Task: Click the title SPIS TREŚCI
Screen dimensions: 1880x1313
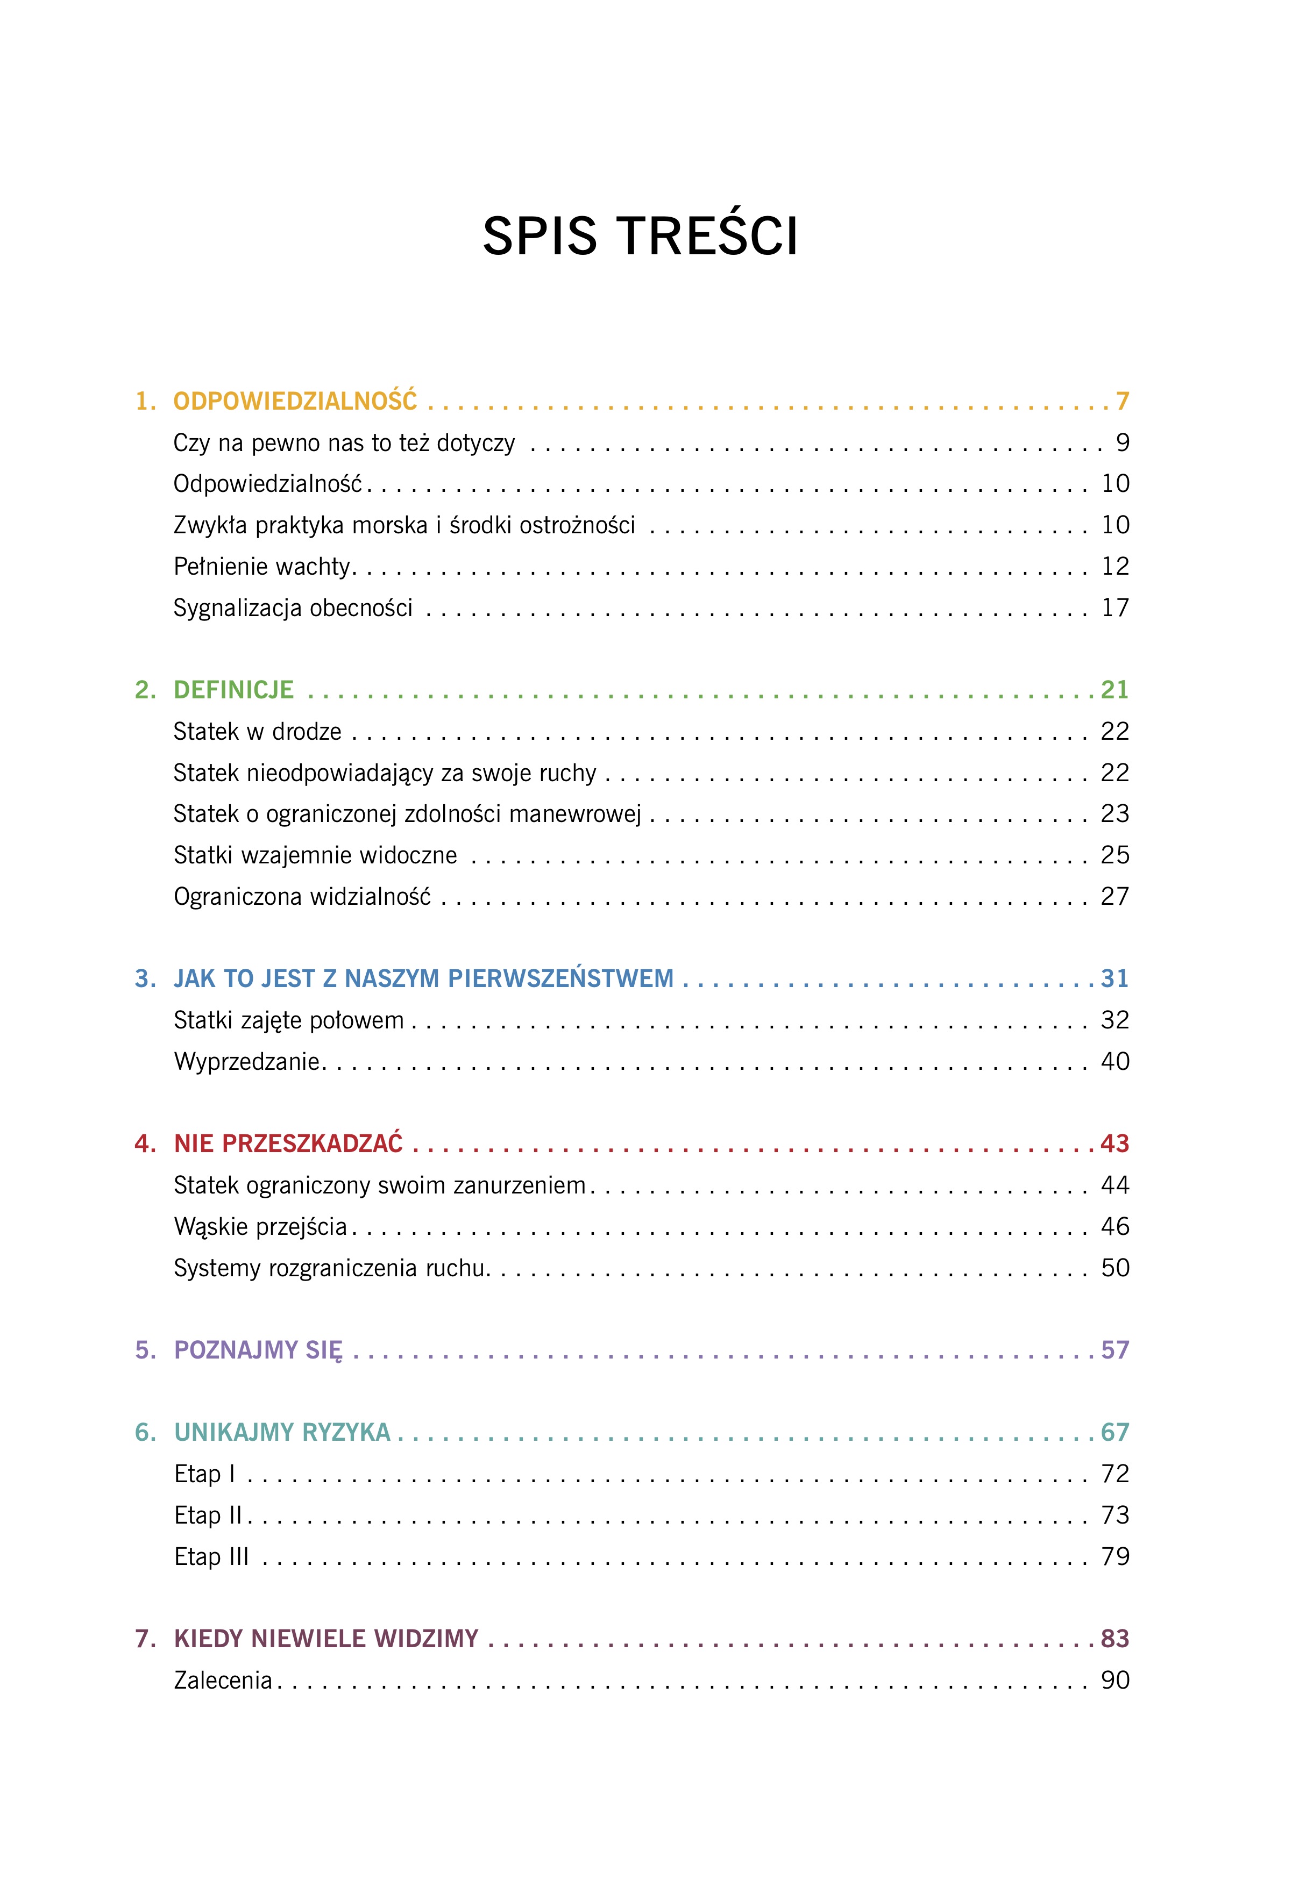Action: point(640,237)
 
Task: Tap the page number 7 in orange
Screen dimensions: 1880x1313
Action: point(1122,401)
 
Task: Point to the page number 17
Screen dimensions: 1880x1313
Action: point(1115,607)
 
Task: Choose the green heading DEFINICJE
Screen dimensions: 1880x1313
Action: point(233,690)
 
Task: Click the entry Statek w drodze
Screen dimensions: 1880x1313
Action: point(257,731)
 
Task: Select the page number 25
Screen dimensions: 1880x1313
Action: point(1115,855)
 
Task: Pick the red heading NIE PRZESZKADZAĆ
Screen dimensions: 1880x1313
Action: point(288,1144)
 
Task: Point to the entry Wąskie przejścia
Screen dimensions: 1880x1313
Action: point(260,1227)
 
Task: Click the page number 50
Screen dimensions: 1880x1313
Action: point(1115,1268)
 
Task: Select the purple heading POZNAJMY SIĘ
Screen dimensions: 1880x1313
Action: point(258,1350)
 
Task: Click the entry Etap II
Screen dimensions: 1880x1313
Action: point(209,1516)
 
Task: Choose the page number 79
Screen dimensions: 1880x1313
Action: point(1115,1556)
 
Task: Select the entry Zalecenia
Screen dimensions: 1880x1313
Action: point(223,1680)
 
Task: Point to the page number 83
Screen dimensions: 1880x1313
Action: point(1115,1639)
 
